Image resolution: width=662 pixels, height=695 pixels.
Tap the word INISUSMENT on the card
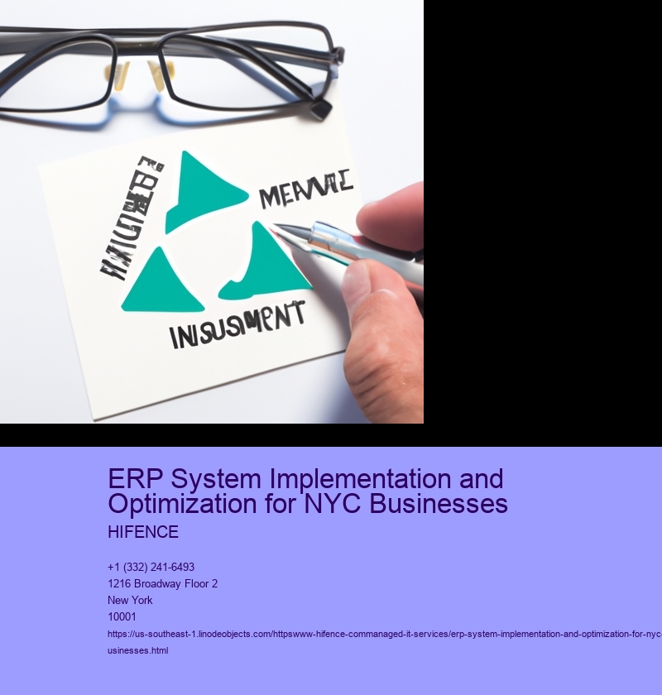(237, 325)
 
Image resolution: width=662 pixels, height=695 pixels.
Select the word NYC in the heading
(348, 503)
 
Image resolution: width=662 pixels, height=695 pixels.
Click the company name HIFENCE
(143, 532)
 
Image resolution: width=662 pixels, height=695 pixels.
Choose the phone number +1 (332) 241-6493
(151, 567)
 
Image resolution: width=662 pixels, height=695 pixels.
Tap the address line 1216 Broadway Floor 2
(163, 583)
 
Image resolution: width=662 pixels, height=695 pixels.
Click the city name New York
(130, 600)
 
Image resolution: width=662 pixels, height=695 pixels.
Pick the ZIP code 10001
(122, 616)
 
